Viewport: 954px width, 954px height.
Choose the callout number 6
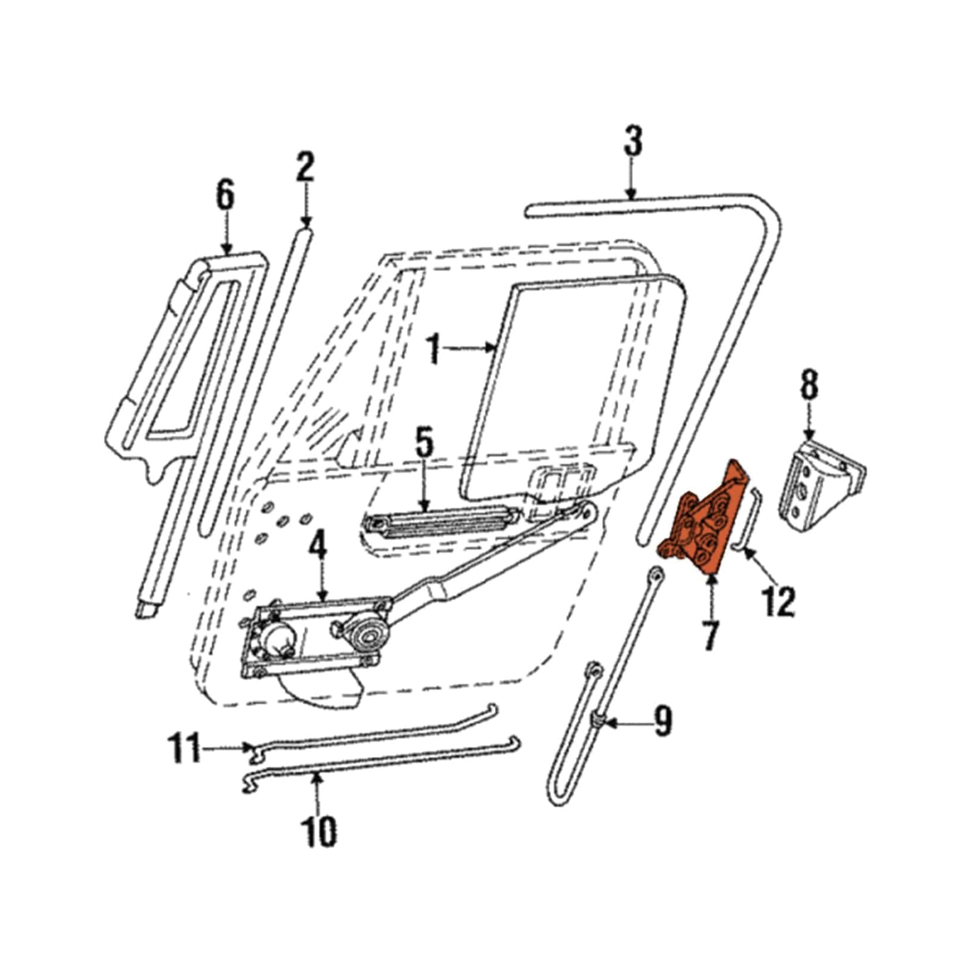225,195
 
